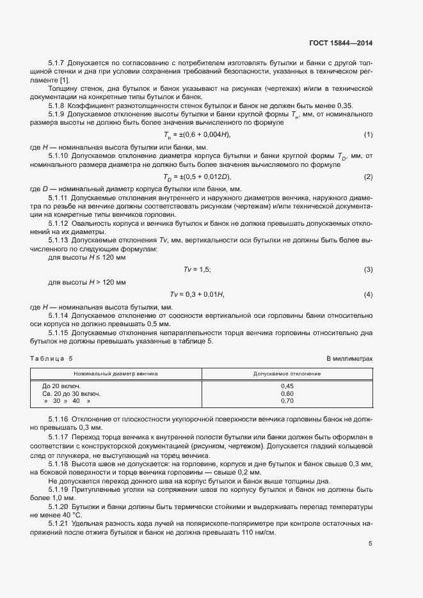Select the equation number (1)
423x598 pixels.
[368, 135]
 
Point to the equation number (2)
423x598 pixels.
[368, 177]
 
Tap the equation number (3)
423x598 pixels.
[368, 269]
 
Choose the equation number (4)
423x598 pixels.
[368, 294]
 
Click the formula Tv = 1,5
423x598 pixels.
[198, 269]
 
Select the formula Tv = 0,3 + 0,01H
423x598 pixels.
[197, 294]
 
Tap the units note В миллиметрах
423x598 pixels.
[349, 359]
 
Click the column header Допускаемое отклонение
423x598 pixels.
[287, 372]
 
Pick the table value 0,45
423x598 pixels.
[287, 386]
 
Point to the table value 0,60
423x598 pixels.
[287, 393]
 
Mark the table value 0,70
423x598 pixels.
[287, 401]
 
